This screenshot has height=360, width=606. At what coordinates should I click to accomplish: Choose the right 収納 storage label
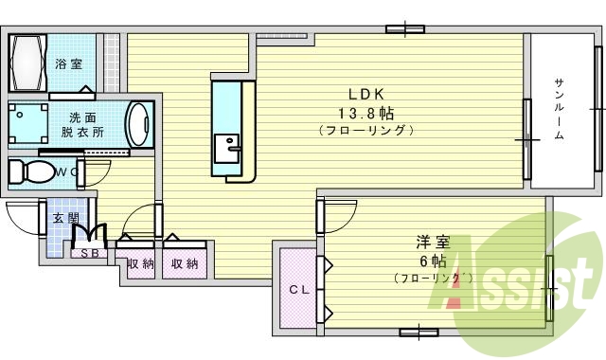pos(185,264)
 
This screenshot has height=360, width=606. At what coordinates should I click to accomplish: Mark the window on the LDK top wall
pos(402,29)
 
